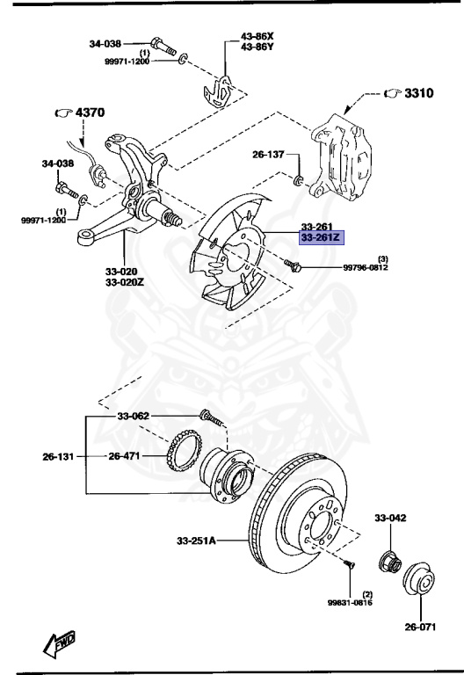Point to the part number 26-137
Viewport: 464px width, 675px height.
click(269, 155)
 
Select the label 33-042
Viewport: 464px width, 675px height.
click(392, 519)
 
